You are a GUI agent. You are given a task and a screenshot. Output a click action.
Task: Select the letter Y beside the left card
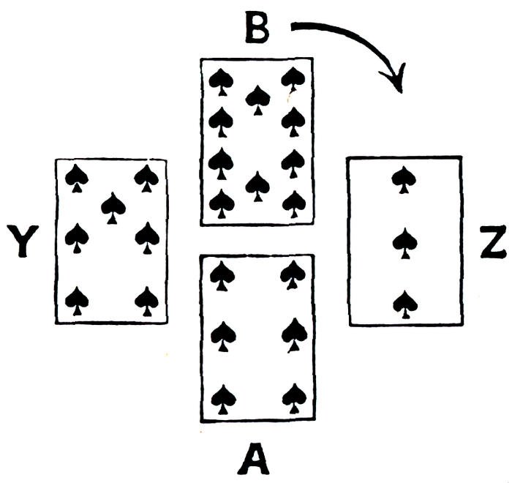point(24,242)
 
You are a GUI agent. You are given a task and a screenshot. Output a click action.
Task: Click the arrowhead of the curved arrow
point(396,80)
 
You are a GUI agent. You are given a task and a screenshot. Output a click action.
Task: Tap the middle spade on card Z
point(403,242)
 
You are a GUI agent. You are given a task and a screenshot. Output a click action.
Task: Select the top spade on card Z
point(403,179)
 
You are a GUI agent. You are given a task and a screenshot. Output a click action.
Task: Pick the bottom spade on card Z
point(403,303)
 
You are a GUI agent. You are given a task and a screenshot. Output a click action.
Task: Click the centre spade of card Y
point(113,206)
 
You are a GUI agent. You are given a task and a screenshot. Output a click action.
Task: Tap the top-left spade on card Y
point(76,176)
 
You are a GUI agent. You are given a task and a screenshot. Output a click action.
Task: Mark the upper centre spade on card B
point(257,98)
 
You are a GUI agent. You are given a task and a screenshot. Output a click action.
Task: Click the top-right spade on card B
point(293,79)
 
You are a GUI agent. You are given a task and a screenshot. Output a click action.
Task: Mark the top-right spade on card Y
point(147,176)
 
